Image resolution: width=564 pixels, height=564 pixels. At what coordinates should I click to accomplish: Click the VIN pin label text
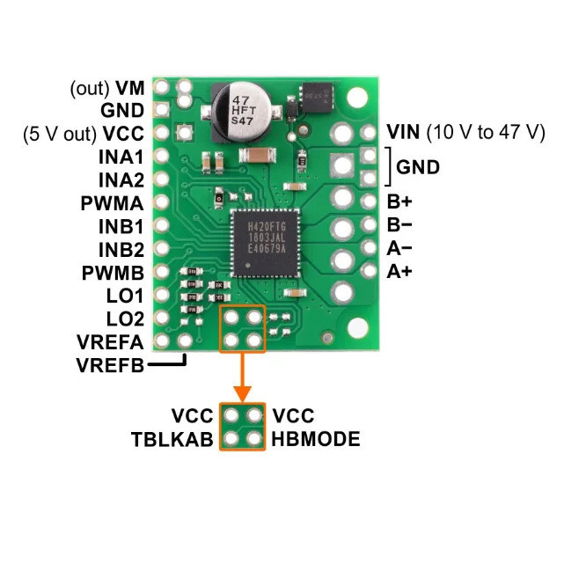pos(403,132)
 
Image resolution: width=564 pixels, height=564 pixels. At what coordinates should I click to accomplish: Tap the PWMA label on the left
pos(115,203)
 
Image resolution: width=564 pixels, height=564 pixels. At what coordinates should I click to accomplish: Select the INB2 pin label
pos(121,249)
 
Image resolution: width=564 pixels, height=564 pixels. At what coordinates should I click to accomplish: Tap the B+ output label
pos(399,201)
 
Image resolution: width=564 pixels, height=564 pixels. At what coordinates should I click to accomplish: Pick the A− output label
pos(399,248)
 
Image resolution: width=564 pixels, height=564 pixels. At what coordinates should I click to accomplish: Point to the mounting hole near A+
pos(357,328)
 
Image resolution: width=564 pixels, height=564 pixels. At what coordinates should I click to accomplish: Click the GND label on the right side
pos(418,167)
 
